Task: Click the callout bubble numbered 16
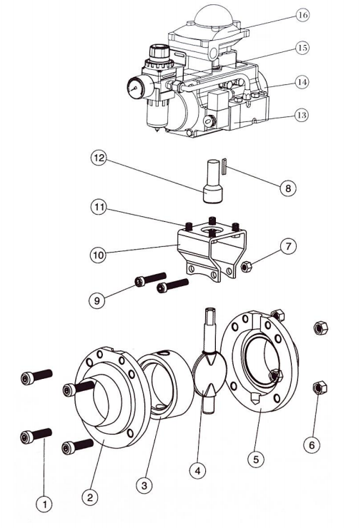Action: (302, 15)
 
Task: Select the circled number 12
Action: (99, 158)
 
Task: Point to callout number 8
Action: (288, 188)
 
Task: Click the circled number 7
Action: (288, 246)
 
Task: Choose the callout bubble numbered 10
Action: (98, 255)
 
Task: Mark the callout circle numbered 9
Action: (97, 300)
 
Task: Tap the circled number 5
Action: (256, 459)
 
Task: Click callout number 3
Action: (144, 485)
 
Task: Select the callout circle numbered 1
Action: (44, 504)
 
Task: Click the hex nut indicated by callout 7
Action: (247, 267)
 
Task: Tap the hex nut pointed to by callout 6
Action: (320, 387)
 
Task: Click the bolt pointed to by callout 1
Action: (36, 437)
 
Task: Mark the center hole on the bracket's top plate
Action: (211, 230)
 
